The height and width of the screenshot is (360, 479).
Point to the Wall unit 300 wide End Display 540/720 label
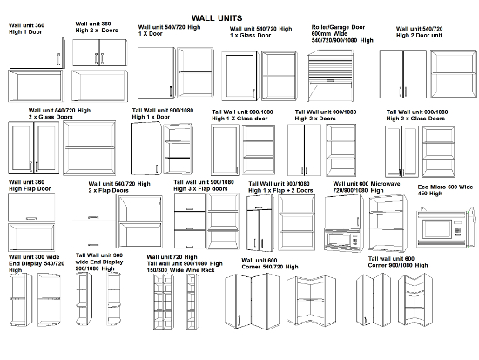(x=34, y=263)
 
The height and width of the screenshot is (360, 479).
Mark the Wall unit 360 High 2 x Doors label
(x=95, y=28)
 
